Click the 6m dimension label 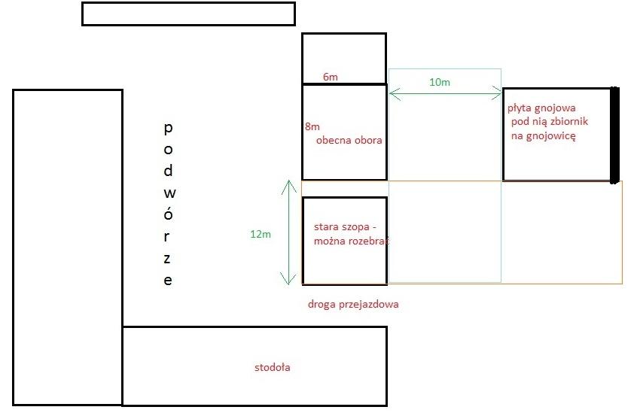(x=330, y=77)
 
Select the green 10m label (x=440, y=82)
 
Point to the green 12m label (x=260, y=234)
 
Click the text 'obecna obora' (x=349, y=140)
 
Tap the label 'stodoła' (x=273, y=368)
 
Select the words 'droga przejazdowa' (x=353, y=305)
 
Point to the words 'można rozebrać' (x=350, y=241)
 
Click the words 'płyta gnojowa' (x=541, y=108)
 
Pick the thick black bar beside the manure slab (x=614, y=134)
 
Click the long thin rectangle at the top (x=188, y=14)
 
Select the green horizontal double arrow (x=445, y=94)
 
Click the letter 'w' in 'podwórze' (x=168, y=192)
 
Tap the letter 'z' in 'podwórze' (x=168, y=258)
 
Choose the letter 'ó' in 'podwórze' (x=168, y=213)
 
